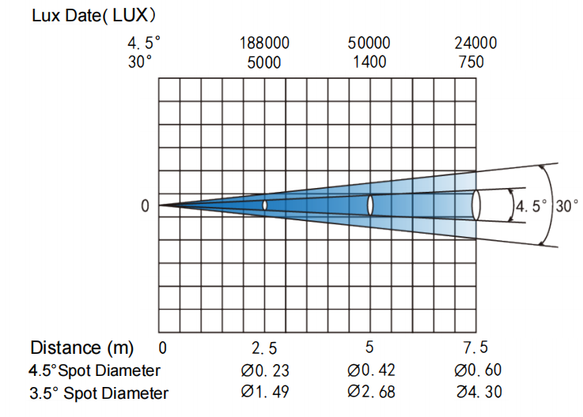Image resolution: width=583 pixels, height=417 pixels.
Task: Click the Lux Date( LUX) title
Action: [93, 16]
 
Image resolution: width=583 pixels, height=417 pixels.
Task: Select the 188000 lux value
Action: [264, 43]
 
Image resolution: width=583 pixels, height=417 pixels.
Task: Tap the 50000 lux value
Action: [369, 43]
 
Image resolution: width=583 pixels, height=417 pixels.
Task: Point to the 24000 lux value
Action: [475, 43]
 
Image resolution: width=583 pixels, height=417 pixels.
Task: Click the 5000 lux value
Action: [264, 62]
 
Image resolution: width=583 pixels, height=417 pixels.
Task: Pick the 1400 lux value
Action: [369, 62]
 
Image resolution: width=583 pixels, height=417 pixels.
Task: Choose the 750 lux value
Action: [471, 62]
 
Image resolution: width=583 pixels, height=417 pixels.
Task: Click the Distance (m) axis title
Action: [81, 348]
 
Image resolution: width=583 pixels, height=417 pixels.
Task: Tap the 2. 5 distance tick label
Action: [264, 348]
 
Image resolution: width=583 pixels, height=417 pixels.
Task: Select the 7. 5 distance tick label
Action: [475, 347]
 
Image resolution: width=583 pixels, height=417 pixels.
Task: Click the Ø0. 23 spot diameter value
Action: [265, 370]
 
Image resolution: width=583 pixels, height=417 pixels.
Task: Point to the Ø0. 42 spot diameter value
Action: [371, 370]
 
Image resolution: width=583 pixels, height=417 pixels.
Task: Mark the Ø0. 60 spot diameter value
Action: [478, 370]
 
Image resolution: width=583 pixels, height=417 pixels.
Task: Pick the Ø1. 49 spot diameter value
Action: [265, 392]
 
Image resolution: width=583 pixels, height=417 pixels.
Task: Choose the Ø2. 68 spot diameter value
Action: [371, 392]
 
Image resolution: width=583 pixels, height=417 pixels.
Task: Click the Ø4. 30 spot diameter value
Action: [479, 392]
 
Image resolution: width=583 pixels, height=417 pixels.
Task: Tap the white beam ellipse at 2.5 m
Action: [265, 205]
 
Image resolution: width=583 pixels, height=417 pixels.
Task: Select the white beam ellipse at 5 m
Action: [370, 205]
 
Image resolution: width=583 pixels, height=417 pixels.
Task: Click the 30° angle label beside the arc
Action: [566, 205]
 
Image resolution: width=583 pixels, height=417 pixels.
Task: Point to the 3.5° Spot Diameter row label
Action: [99, 393]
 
